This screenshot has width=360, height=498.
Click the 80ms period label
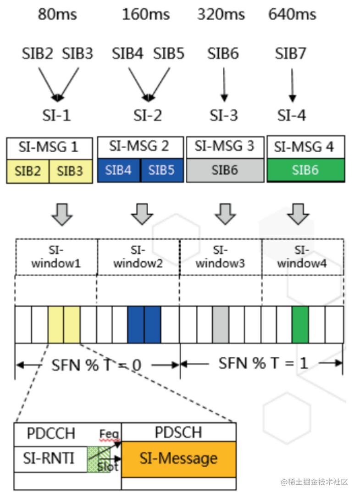coord(57,15)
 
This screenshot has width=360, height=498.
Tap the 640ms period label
coord(292,15)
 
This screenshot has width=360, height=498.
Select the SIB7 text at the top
coord(291,54)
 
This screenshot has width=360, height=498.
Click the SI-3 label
coord(224,115)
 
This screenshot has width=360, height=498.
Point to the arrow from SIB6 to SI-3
coord(224,84)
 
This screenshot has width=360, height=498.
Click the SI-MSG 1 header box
coord(49,147)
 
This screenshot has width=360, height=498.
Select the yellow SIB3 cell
coord(70,171)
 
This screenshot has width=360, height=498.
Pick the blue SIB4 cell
coord(119,171)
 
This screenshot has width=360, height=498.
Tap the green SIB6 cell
coord(305,170)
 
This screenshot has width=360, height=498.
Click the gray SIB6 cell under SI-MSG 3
coord(225,170)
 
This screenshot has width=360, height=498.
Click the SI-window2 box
coord(138,257)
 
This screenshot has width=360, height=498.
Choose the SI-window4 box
coord(302,257)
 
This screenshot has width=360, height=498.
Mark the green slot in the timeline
coord(300,325)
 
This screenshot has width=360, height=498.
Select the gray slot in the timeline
coord(220,325)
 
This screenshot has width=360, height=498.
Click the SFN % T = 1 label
coord(263,363)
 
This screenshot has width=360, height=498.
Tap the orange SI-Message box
coord(179,459)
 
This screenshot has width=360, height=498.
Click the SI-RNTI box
coord(50,458)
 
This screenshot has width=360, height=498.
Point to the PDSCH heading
coord(178,433)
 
